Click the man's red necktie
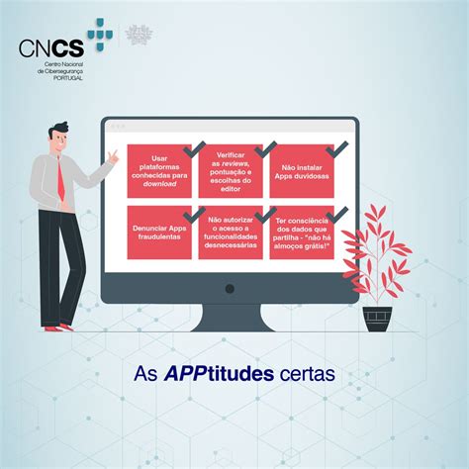(x=61, y=179)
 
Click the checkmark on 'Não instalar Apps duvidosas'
(x=335, y=149)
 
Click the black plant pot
(x=376, y=319)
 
